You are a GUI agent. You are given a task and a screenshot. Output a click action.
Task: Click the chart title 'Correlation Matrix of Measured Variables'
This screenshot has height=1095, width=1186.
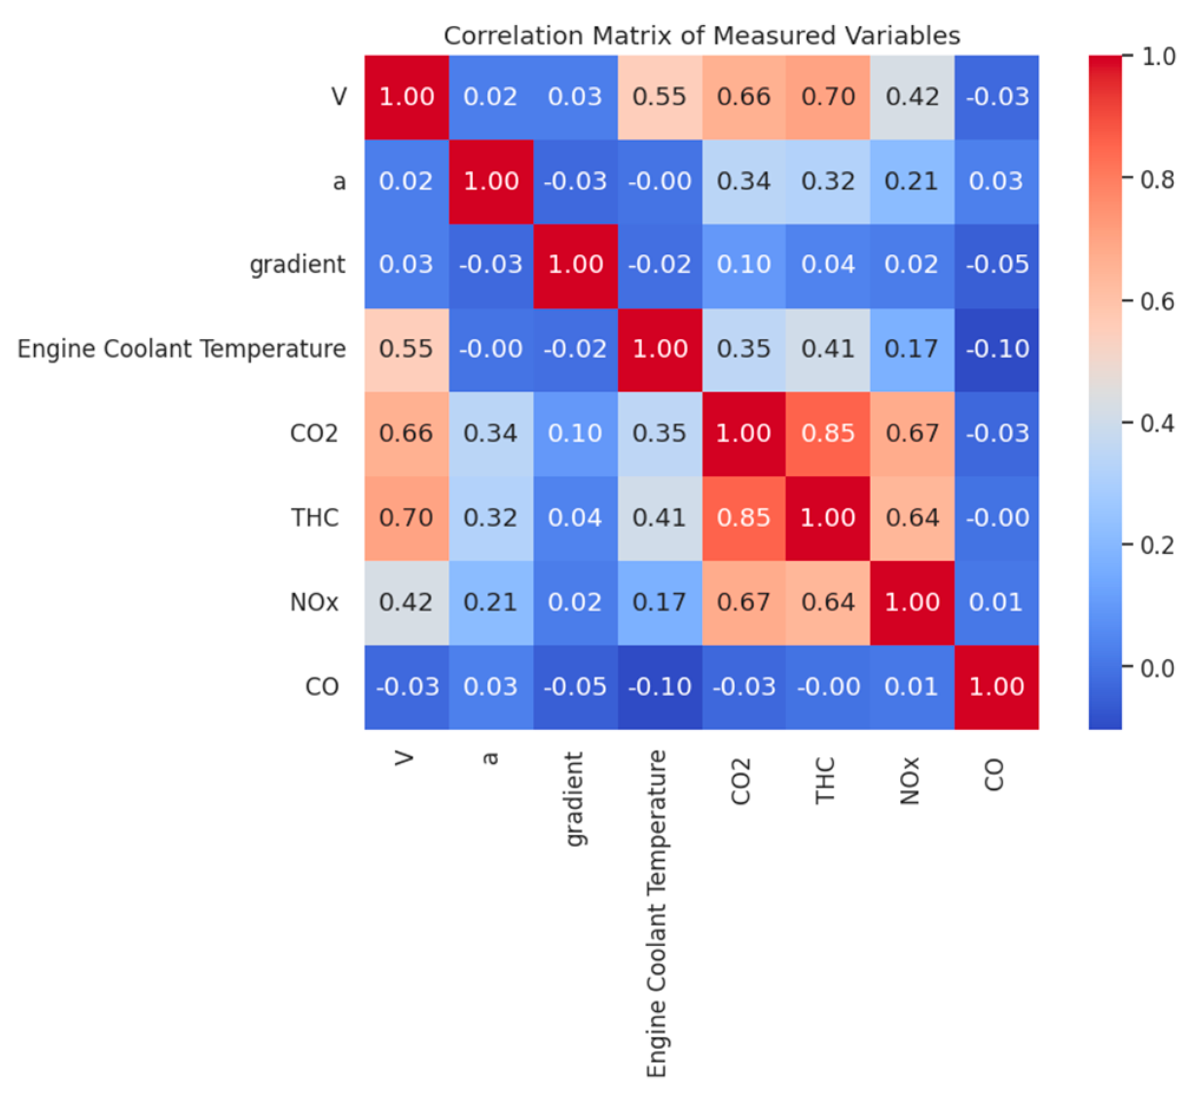(702, 35)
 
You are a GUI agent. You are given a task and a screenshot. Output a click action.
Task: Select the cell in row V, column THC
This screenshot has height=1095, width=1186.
(828, 97)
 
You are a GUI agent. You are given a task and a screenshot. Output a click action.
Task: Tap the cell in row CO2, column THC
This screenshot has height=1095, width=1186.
(828, 434)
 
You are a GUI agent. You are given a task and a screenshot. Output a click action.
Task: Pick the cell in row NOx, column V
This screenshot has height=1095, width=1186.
(407, 603)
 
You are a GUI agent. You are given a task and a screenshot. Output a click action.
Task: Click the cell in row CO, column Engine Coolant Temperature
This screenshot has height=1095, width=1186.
(659, 687)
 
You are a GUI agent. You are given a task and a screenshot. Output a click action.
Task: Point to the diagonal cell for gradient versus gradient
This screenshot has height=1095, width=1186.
(575, 266)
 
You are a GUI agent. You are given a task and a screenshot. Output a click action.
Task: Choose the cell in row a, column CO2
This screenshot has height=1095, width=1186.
(743, 181)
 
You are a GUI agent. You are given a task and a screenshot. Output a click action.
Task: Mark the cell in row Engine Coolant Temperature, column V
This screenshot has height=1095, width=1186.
(407, 349)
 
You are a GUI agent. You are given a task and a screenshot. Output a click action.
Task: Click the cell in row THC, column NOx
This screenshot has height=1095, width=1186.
(912, 518)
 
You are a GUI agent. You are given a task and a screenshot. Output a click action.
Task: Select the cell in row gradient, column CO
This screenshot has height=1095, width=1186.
(996, 266)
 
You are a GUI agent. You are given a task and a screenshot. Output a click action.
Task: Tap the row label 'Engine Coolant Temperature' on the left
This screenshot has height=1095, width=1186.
(181, 349)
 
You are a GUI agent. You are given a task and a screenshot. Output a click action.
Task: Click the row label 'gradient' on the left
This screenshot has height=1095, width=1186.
(297, 264)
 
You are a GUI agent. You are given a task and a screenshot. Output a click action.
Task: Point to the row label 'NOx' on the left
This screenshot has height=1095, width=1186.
(314, 603)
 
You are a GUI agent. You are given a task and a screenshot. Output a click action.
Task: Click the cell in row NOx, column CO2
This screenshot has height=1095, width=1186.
(743, 603)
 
